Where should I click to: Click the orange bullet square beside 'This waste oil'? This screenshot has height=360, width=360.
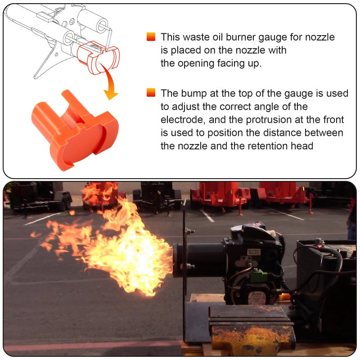tap(151, 37)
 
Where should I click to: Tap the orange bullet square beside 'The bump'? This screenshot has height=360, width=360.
tap(151, 93)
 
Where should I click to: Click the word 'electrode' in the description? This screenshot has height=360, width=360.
tap(183, 120)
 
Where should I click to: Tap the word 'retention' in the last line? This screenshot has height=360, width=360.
tap(267, 146)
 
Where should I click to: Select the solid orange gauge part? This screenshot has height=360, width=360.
tap(75, 130)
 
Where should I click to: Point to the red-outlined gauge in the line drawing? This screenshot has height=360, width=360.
tap(98, 58)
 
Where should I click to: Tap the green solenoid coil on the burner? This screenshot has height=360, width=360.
tap(257, 275)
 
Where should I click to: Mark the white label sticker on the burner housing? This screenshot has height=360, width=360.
tap(254, 252)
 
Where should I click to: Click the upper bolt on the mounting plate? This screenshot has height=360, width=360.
tap(190, 231)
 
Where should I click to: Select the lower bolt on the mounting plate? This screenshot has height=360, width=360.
tap(190, 266)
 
